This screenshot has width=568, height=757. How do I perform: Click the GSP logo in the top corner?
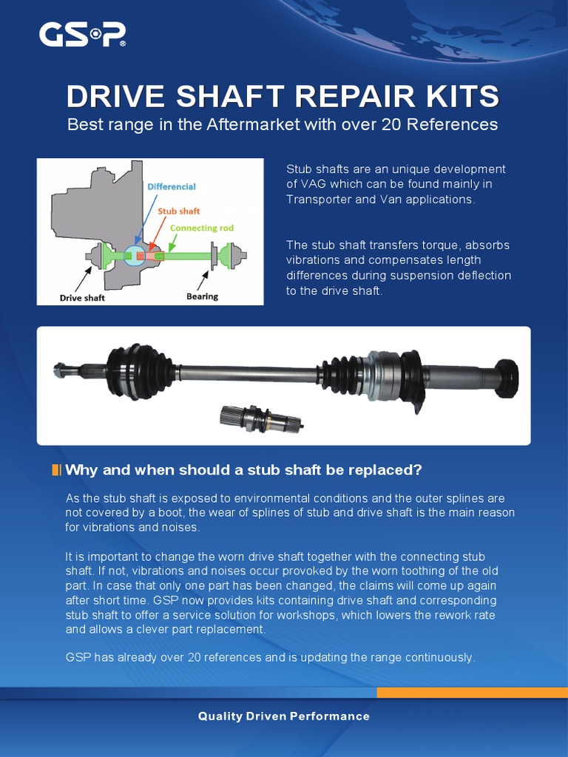(x=82, y=35)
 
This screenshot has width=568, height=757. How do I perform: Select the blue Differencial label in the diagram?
(x=172, y=187)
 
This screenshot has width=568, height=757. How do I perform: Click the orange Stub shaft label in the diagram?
(x=178, y=211)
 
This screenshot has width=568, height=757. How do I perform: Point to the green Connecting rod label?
(x=201, y=228)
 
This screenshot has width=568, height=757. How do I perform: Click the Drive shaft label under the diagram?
(x=82, y=298)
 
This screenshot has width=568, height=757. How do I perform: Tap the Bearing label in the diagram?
(x=203, y=296)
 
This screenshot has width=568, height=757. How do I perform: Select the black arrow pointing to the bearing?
(x=203, y=280)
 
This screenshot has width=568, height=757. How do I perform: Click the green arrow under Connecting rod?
(x=172, y=242)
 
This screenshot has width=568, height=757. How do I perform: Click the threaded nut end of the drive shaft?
(x=61, y=370)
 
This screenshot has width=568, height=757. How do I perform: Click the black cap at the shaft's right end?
(x=507, y=378)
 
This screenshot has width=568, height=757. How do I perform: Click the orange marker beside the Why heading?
(x=56, y=469)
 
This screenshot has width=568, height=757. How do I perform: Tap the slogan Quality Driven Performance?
(x=283, y=716)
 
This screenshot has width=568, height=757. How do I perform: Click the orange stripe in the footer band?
(x=473, y=693)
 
